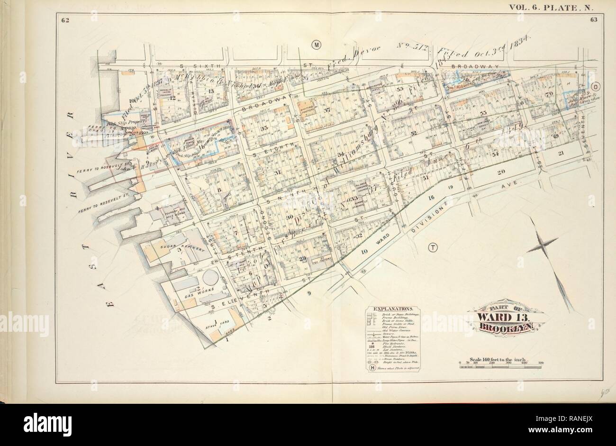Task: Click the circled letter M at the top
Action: pyautogui.click(x=316, y=44)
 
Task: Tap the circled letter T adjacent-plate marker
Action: pyautogui.click(x=432, y=247)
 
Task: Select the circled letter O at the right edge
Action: pyautogui.click(x=595, y=87)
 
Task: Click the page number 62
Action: pyautogui.click(x=63, y=19)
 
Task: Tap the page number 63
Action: pyautogui.click(x=592, y=19)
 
